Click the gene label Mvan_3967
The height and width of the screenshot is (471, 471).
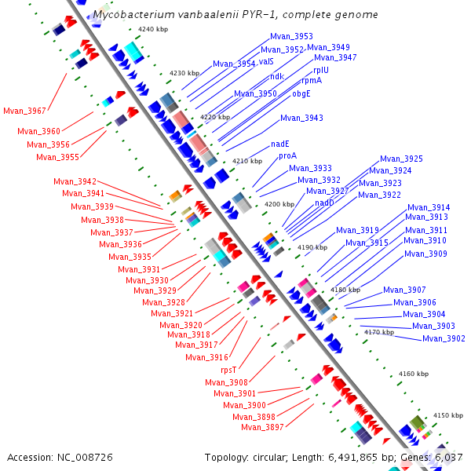pyautogui.click(x=24, y=111)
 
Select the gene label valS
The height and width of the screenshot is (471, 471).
pyautogui.click(x=266, y=61)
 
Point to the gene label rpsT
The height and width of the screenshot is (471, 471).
pyautogui.click(x=228, y=369)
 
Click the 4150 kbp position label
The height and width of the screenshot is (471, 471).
pyautogui.click(x=448, y=415)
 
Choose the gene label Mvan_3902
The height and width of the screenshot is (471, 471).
pyautogui.click(x=444, y=338)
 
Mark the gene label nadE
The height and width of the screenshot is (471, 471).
pyautogui.click(x=281, y=144)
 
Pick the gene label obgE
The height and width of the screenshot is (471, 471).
pyautogui.click(x=301, y=93)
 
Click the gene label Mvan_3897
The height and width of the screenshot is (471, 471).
pyautogui.click(x=262, y=428)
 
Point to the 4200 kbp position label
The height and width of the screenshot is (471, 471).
pyautogui.click(x=279, y=204)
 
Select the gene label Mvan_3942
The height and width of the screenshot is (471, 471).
pyautogui.click(x=75, y=181)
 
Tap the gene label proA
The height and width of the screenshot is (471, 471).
pyautogui.click(x=287, y=156)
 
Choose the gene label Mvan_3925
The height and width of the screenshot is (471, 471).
pyautogui.click(x=401, y=159)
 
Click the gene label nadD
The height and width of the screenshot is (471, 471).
pyautogui.click(x=324, y=203)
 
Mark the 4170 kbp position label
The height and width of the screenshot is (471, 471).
pyautogui.click(x=379, y=332)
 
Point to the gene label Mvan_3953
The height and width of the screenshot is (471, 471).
pyautogui.click(x=291, y=36)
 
